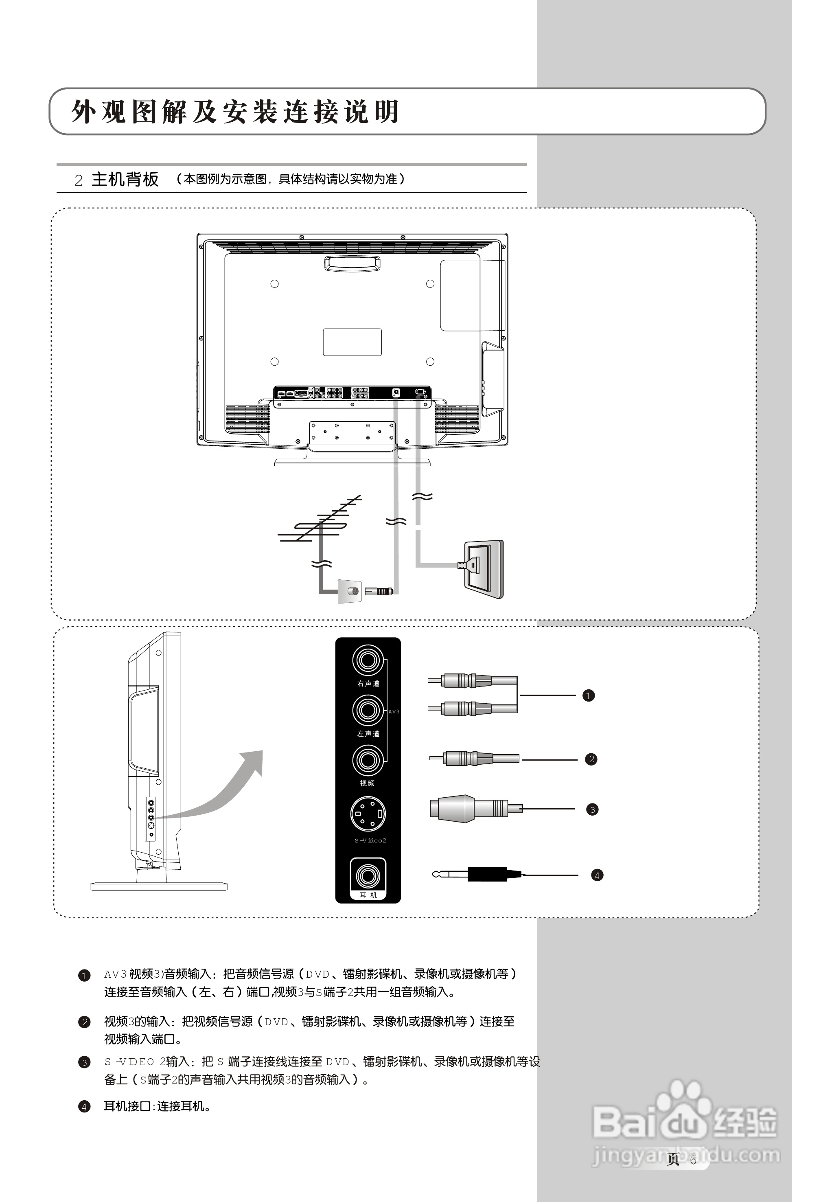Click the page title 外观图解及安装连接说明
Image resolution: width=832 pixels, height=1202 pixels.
point(234,112)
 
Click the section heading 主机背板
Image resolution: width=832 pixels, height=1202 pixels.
point(125,180)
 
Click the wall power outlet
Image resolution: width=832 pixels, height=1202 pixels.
point(484,569)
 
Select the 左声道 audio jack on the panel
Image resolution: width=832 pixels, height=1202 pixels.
point(368,710)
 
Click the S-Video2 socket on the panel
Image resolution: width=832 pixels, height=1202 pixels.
point(368,814)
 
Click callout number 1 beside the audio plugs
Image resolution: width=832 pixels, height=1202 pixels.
point(589,695)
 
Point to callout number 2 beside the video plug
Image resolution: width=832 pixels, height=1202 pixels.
point(591,759)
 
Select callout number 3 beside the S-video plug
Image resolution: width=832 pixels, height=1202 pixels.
point(592,809)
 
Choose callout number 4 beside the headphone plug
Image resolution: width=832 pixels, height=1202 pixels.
point(598,875)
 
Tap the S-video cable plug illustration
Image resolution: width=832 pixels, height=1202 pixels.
point(469,809)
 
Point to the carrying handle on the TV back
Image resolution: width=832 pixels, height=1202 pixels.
point(353,264)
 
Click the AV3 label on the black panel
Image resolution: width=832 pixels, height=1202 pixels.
point(394,711)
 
